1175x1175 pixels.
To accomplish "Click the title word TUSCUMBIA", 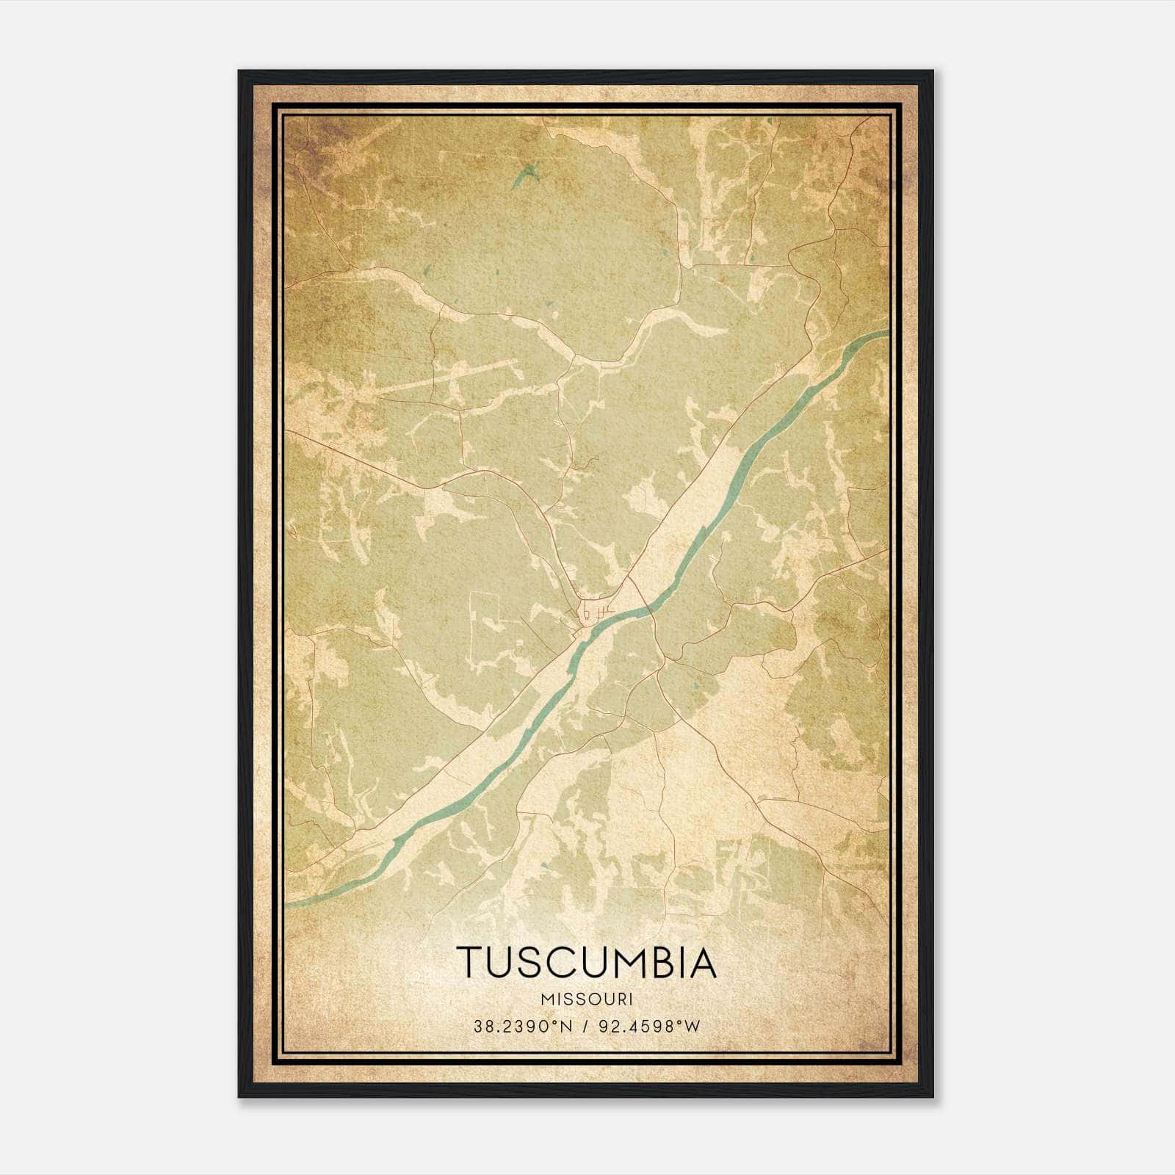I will [586, 963].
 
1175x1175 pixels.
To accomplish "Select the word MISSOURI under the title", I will [586, 999].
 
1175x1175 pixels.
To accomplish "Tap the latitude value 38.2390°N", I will [521, 1027].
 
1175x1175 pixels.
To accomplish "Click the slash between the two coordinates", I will [585, 1027].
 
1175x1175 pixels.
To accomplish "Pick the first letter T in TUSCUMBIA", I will [470, 963].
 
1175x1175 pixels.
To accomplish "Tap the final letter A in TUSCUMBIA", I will [702, 963].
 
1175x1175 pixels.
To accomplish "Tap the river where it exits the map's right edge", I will [885, 333].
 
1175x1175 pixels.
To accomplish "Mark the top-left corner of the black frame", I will [240, 72].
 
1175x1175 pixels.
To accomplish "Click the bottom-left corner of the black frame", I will [240, 1096].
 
